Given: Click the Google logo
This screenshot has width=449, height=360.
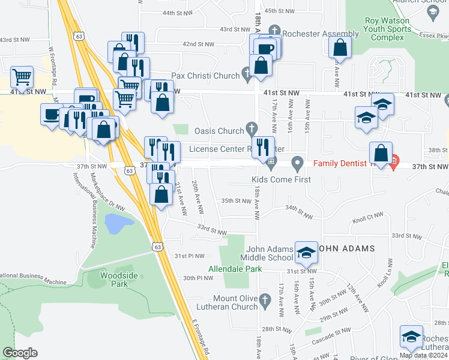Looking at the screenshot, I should [x=20, y=353].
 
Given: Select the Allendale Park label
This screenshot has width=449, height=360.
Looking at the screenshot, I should [x=235, y=269].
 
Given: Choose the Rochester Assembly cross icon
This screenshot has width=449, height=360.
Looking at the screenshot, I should [x=274, y=30].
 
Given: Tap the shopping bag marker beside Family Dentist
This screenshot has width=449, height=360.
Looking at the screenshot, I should [x=381, y=153].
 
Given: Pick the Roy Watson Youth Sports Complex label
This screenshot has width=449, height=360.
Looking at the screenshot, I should [x=384, y=29].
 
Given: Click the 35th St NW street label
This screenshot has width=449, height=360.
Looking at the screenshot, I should [x=235, y=201].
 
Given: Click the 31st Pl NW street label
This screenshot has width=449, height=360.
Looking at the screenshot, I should [x=190, y=256].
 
